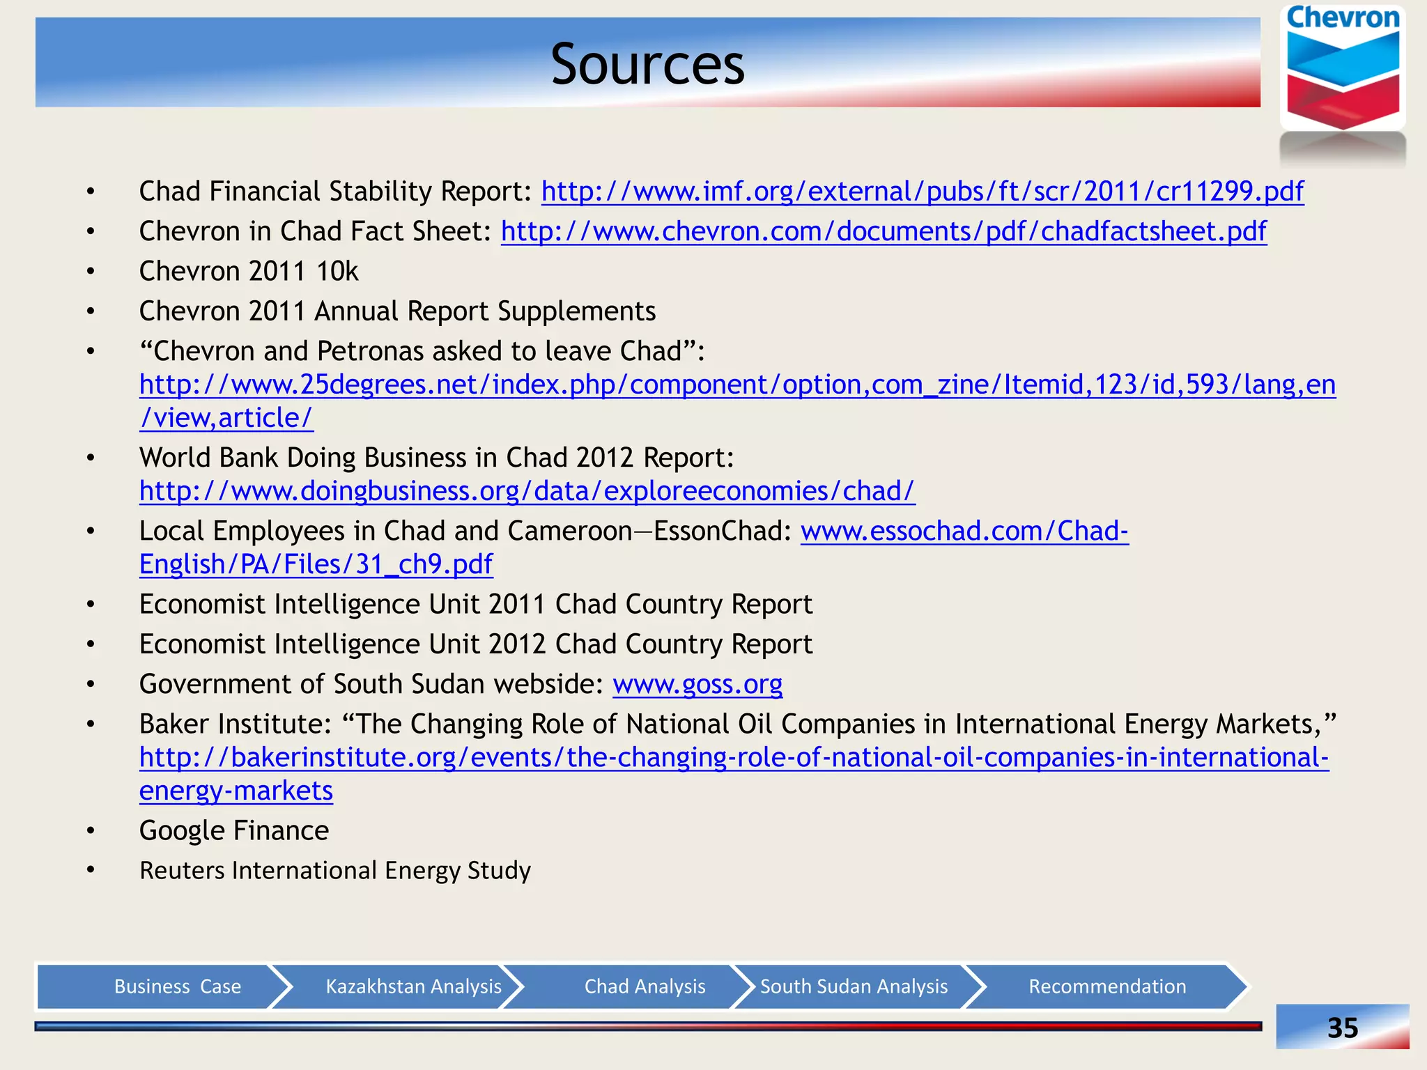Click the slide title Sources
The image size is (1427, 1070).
pyautogui.click(x=647, y=64)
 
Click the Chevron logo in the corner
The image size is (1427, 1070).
pyautogui.click(x=1343, y=70)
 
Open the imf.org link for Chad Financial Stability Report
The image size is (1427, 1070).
pyautogui.click(x=922, y=191)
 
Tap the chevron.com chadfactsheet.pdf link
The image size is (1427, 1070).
pyautogui.click(x=883, y=231)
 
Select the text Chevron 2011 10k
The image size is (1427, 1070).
pyautogui.click(x=249, y=271)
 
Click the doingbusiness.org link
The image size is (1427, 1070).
pyautogui.click(x=527, y=491)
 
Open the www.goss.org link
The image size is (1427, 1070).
pyautogui.click(x=697, y=684)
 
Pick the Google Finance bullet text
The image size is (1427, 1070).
pyautogui.click(x=234, y=830)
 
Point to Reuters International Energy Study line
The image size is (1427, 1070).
pyautogui.click(x=335, y=871)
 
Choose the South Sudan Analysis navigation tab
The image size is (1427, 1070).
pyautogui.click(x=854, y=986)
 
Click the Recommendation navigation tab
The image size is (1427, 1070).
pyautogui.click(x=1106, y=986)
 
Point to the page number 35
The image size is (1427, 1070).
pyautogui.click(x=1342, y=1028)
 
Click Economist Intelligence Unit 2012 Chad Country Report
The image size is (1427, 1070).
pyautogui.click(x=476, y=644)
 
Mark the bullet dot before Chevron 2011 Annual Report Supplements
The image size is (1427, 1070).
pyautogui.click(x=91, y=311)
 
